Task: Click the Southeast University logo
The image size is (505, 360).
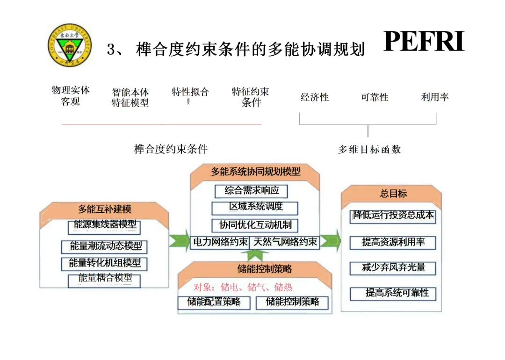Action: tap(69, 45)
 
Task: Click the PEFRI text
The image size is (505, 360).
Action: tap(424, 41)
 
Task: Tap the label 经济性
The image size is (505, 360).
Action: tap(315, 97)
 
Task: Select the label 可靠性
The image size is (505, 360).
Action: tap(375, 97)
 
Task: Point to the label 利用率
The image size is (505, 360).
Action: tap(435, 97)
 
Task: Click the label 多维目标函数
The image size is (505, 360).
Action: tap(369, 150)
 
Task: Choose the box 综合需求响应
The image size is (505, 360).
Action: tap(252, 191)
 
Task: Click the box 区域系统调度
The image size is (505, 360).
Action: tap(255, 207)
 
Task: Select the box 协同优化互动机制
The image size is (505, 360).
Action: tap(255, 225)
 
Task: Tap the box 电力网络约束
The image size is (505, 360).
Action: tap(220, 242)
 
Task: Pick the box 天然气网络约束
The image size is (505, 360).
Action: tap(285, 242)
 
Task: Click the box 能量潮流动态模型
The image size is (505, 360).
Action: tap(106, 246)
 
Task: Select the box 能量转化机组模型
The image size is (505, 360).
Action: tap(105, 263)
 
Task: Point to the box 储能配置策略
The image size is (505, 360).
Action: tap(214, 302)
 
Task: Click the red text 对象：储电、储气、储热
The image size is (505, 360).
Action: tap(243, 287)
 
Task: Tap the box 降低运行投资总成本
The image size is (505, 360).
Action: tap(393, 216)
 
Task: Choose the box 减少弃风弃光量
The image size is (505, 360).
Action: tap(393, 268)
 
